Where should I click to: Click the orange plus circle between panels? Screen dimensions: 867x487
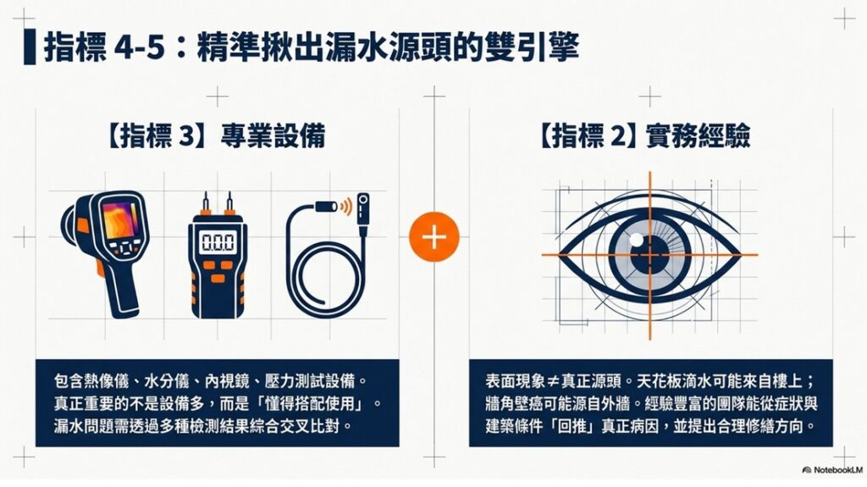tap(434, 237)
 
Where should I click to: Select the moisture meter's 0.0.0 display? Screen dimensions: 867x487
tap(218, 242)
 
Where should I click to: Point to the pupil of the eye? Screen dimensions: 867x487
tap(649, 255)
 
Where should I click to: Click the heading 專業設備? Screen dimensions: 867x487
tap(273, 136)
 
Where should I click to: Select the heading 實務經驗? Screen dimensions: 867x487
tap(698, 136)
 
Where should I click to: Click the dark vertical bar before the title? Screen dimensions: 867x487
tap(30, 47)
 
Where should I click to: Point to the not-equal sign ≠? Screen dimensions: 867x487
tap(553, 381)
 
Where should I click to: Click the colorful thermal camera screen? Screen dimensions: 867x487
tap(120, 219)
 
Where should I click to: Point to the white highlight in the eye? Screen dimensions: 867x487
tap(637, 240)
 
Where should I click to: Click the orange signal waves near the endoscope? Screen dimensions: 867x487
tap(346, 207)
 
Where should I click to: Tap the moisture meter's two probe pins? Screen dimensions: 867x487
tap(218, 203)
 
